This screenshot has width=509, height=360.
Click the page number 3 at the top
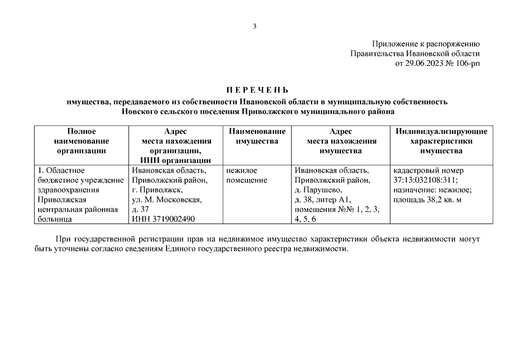(x=254, y=26)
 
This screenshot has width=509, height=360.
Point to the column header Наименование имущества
(x=257, y=136)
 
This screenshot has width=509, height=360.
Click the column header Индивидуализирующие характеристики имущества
(x=441, y=141)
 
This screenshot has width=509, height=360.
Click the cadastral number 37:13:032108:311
(x=426, y=180)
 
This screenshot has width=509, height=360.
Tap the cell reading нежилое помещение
(x=248, y=175)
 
